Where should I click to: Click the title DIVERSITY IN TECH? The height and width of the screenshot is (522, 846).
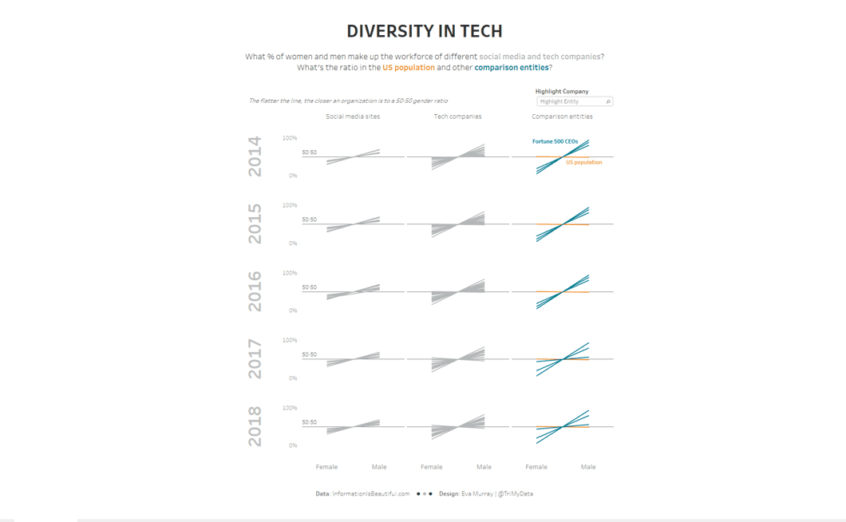(x=424, y=32)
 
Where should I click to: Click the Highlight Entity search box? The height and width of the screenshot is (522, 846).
(x=573, y=101)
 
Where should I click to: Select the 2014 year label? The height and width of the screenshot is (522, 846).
(x=255, y=156)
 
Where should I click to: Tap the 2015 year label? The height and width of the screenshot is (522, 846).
(x=255, y=224)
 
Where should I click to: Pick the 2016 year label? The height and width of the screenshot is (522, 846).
(x=255, y=291)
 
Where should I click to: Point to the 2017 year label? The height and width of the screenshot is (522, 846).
(x=255, y=359)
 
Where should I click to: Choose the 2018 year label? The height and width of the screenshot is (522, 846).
(x=255, y=426)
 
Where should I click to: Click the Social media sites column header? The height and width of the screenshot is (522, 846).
(x=353, y=117)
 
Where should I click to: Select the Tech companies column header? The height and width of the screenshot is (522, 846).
(x=457, y=117)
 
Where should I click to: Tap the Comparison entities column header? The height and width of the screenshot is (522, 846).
(x=562, y=117)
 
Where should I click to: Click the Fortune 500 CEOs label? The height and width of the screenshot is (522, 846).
(x=555, y=141)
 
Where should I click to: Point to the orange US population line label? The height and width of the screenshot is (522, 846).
(x=583, y=162)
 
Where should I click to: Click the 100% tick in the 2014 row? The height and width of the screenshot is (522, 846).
(x=290, y=138)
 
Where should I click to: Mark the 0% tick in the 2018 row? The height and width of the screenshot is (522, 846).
(x=293, y=445)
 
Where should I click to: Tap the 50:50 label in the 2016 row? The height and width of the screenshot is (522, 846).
(x=309, y=287)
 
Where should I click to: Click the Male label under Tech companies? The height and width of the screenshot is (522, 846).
(x=484, y=467)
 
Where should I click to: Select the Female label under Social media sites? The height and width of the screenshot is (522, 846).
(x=326, y=467)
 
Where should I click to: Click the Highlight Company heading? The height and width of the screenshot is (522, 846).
(x=561, y=91)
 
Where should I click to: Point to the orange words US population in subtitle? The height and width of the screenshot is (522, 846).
(x=409, y=68)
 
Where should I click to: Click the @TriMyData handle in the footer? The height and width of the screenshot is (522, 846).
(x=515, y=494)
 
